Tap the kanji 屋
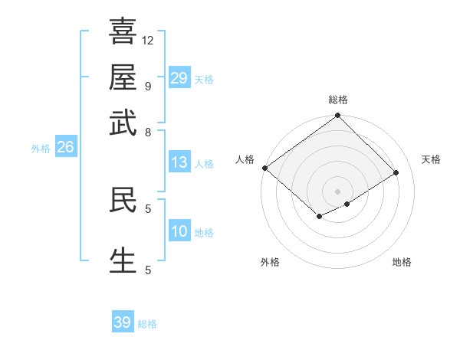coord(123,77)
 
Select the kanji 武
coord(123,123)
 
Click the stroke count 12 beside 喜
coord(148,40)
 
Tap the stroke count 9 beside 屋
coord(147,86)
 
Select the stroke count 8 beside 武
coord(147,132)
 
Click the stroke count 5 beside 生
coord(147,270)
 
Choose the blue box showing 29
coord(179,78)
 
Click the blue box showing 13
coord(179,162)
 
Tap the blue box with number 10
coord(179,231)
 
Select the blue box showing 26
coord(65,147)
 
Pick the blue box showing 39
coord(122,322)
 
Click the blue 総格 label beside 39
coord(147,324)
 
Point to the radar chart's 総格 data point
coord(337,116)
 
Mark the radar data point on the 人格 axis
coord(264,168)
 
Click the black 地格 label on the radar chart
coord(402,263)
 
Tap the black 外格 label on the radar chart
coord(270,263)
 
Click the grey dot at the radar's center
coord(337,190)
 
